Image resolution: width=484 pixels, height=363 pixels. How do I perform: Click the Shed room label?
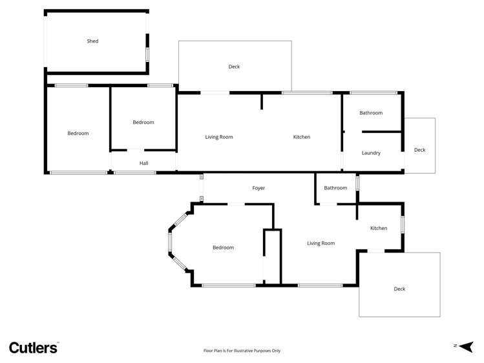[92, 41]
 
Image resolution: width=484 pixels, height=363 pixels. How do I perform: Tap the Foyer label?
[258, 188]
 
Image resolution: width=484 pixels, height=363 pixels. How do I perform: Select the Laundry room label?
[371, 153]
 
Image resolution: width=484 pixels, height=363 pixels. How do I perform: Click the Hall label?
[144, 163]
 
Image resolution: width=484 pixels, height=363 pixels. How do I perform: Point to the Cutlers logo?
[34, 347]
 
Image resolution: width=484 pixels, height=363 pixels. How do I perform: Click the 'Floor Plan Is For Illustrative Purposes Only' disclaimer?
[242, 351]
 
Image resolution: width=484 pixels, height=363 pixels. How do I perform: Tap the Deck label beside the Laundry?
[419, 150]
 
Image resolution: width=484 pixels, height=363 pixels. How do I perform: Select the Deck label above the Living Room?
[234, 67]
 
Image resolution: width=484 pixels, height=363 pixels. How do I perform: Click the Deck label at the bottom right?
[399, 289]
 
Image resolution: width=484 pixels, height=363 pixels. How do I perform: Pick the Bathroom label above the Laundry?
[371, 113]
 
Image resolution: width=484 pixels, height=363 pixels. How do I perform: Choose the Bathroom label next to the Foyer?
[335, 188]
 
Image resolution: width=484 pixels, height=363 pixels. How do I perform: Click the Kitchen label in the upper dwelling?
[302, 137]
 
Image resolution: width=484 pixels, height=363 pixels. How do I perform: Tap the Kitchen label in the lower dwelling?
[379, 228]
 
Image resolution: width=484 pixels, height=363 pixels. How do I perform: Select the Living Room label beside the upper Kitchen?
[219, 137]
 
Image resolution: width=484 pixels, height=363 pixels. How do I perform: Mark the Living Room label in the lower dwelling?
[321, 244]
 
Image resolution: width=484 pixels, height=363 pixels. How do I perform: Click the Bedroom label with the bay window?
[223, 247]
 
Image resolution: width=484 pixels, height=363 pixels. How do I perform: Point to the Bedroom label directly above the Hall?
[143, 122]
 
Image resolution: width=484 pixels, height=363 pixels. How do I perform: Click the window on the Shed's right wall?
[147, 54]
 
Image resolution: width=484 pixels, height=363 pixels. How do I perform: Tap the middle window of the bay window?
[170, 242]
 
